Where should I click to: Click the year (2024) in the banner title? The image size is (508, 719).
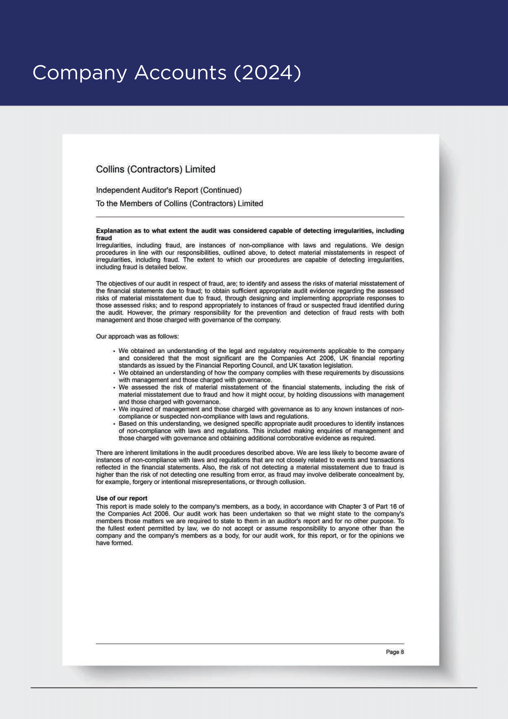(x=268, y=73)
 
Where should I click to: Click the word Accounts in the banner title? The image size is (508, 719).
(x=180, y=73)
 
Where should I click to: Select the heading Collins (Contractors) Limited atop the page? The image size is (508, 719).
(x=155, y=169)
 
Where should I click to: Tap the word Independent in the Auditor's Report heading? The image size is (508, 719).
(x=118, y=190)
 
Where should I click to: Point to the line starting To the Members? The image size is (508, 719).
(x=179, y=203)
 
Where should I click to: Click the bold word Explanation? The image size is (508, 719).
(x=114, y=231)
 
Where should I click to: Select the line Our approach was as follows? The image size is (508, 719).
(x=137, y=336)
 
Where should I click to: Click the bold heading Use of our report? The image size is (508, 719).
(x=121, y=498)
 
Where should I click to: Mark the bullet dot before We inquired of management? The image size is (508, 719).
(x=114, y=409)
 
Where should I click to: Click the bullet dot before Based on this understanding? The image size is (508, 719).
(x=114, y=424)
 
